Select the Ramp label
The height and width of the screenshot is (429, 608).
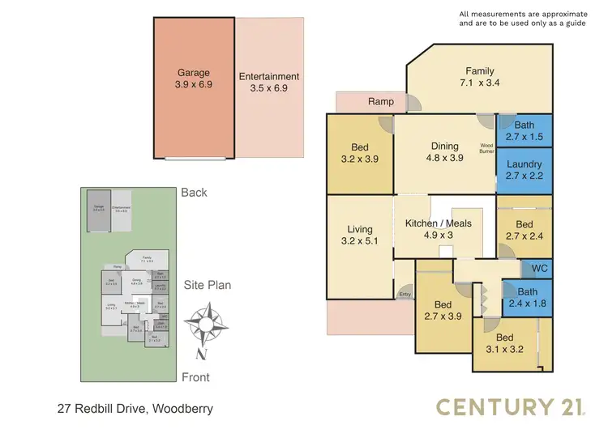pyautogui.click(x=380, y=102)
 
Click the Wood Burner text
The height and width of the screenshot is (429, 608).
pyautogui.click(x=487, y=148)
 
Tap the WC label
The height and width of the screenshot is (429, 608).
pyautogui.click(x=538, y=268)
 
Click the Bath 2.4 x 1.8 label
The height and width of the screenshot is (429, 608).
pyautogui.click(x=527, y=298)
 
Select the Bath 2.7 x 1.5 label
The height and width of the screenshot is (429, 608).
pyautogui.click(x=524, y=130)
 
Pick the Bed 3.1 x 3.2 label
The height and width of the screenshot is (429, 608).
pyautogui.click(x=505, y=344)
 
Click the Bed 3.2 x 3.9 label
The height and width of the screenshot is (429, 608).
pyautogui.click(x=359, y=154)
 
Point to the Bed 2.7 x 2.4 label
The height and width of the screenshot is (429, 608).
pyautogui.click(x=524, y=231)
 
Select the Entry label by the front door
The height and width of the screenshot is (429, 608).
pyautogui.click(x=405, y=295)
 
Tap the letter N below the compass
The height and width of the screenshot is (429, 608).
pyautogui.click(x=200, y=353)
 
